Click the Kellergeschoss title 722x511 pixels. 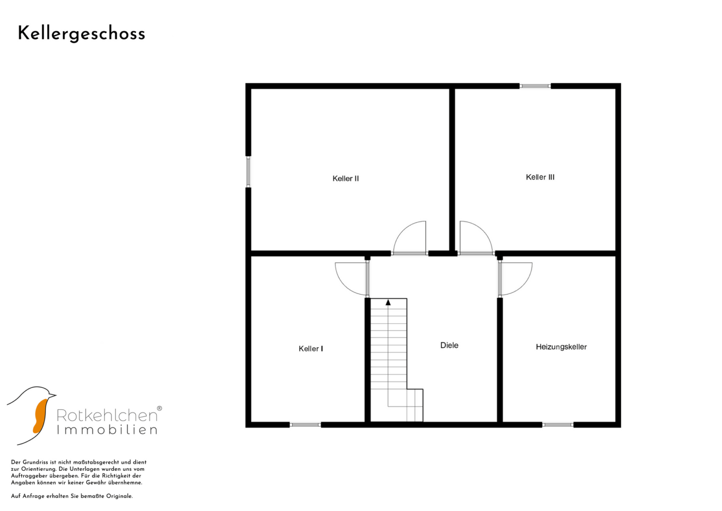pos(81,34)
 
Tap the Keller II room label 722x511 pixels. pos(346,178)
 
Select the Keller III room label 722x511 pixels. pos(540,177)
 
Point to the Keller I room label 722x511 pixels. pos(311,349)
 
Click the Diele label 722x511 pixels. pos(449,345)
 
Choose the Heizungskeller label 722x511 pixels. pos(561,347)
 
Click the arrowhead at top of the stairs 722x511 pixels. pos(388,303)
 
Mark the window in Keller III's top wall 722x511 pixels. pos(535,86)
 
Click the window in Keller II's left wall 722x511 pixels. pos(248,172)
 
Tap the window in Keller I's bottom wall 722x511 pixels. pos(305,425)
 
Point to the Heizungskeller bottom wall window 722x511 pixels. pos(557,425)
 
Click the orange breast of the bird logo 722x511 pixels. pos(40,416)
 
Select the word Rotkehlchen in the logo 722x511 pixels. pos(107,415)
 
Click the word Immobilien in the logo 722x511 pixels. pos(107,430)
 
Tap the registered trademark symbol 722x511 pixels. pos(159,408)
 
